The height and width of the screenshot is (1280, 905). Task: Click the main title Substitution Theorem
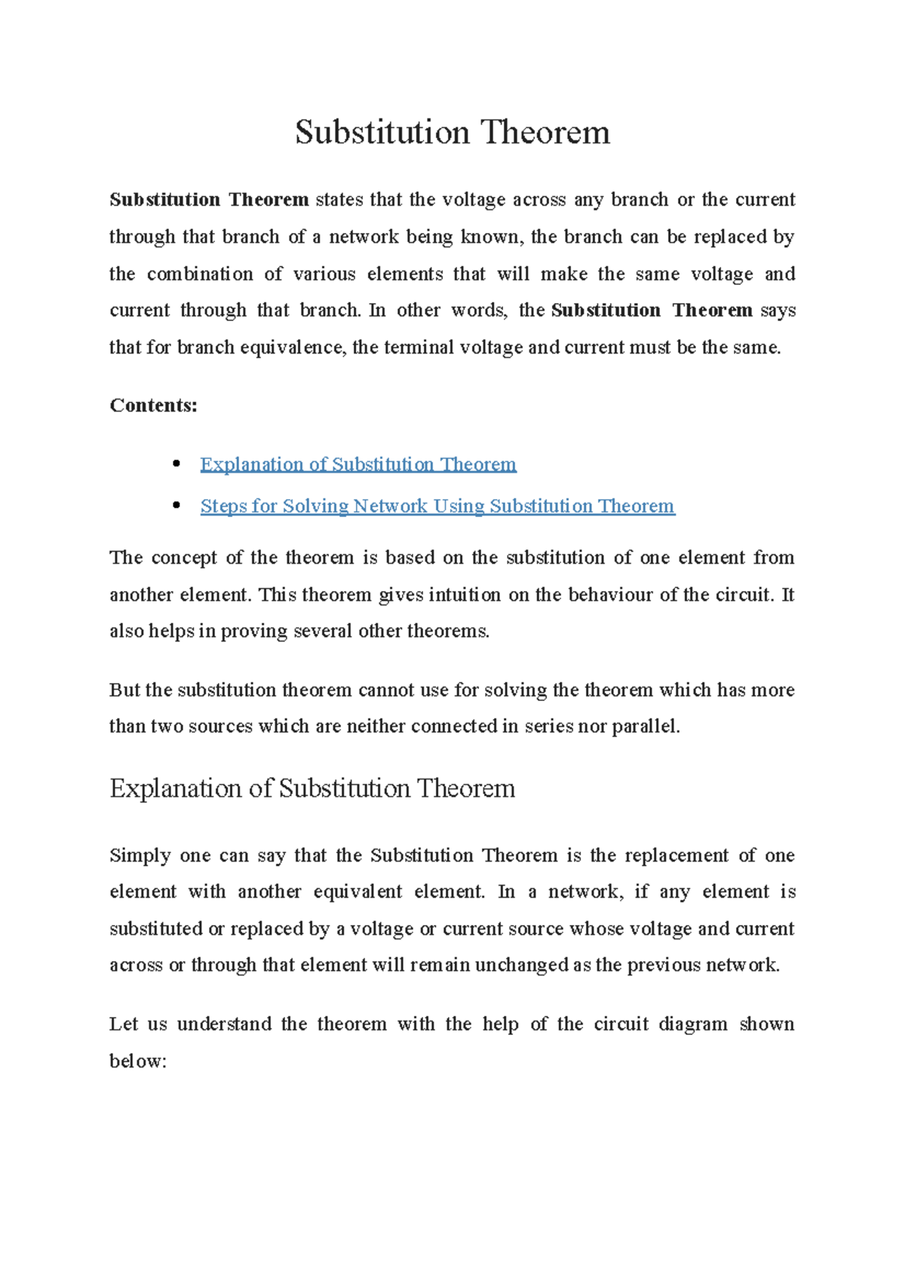(452, 133)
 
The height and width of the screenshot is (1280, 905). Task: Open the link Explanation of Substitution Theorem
(357, 464)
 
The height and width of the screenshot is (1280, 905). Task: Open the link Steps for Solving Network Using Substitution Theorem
(437, 506)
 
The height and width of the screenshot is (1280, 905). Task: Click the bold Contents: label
(153, 406)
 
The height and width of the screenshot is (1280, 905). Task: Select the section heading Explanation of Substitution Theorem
(312, 789)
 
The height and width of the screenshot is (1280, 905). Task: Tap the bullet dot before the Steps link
(176, 505)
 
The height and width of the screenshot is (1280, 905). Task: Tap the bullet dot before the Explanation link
(176, 463)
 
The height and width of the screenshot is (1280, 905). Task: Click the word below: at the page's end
(137, 1061)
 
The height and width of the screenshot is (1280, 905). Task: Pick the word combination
(200, 274)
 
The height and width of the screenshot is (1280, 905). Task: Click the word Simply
(140, 856)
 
